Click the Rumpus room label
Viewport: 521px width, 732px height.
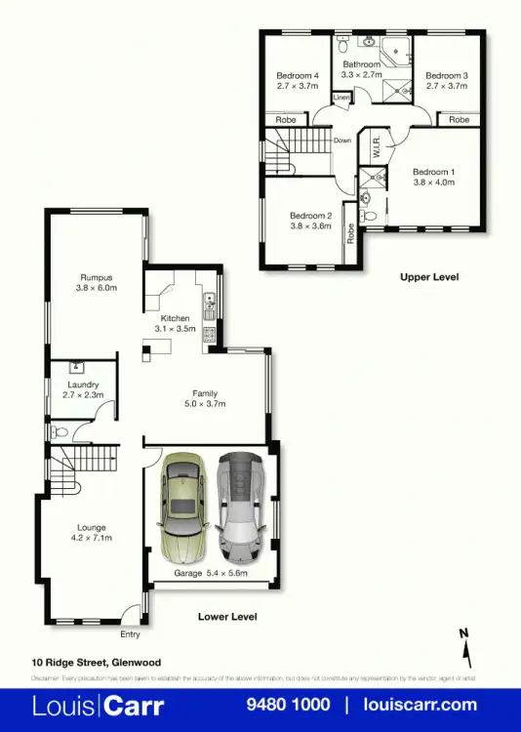97,276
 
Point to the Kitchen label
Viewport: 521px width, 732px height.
176,318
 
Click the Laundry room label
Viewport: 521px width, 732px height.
83,385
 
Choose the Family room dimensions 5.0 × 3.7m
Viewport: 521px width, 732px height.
204,404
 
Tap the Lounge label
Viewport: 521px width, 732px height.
93,528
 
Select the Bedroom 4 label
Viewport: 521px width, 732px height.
298,75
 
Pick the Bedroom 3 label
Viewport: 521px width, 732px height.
447,75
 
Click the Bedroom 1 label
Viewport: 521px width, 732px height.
433,171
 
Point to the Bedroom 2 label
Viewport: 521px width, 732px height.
311,216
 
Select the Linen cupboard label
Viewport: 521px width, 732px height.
341,99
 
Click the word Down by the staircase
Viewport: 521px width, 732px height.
341,141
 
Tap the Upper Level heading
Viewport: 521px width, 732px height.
428,277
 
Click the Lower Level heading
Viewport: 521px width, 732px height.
226,617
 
